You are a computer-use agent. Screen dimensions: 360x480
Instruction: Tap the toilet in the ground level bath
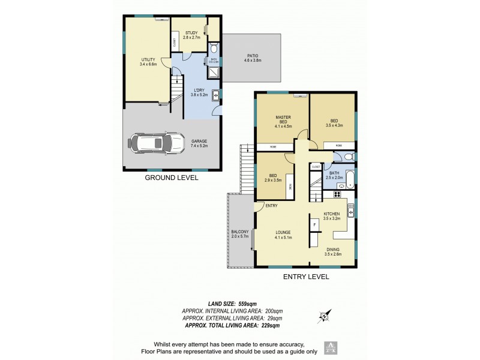coord(214,49)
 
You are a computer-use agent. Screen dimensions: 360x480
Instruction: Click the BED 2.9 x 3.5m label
coord(272,177)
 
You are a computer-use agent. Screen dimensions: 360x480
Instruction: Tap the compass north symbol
coord(325,315)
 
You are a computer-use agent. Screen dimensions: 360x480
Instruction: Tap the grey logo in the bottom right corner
coord(329,347)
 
